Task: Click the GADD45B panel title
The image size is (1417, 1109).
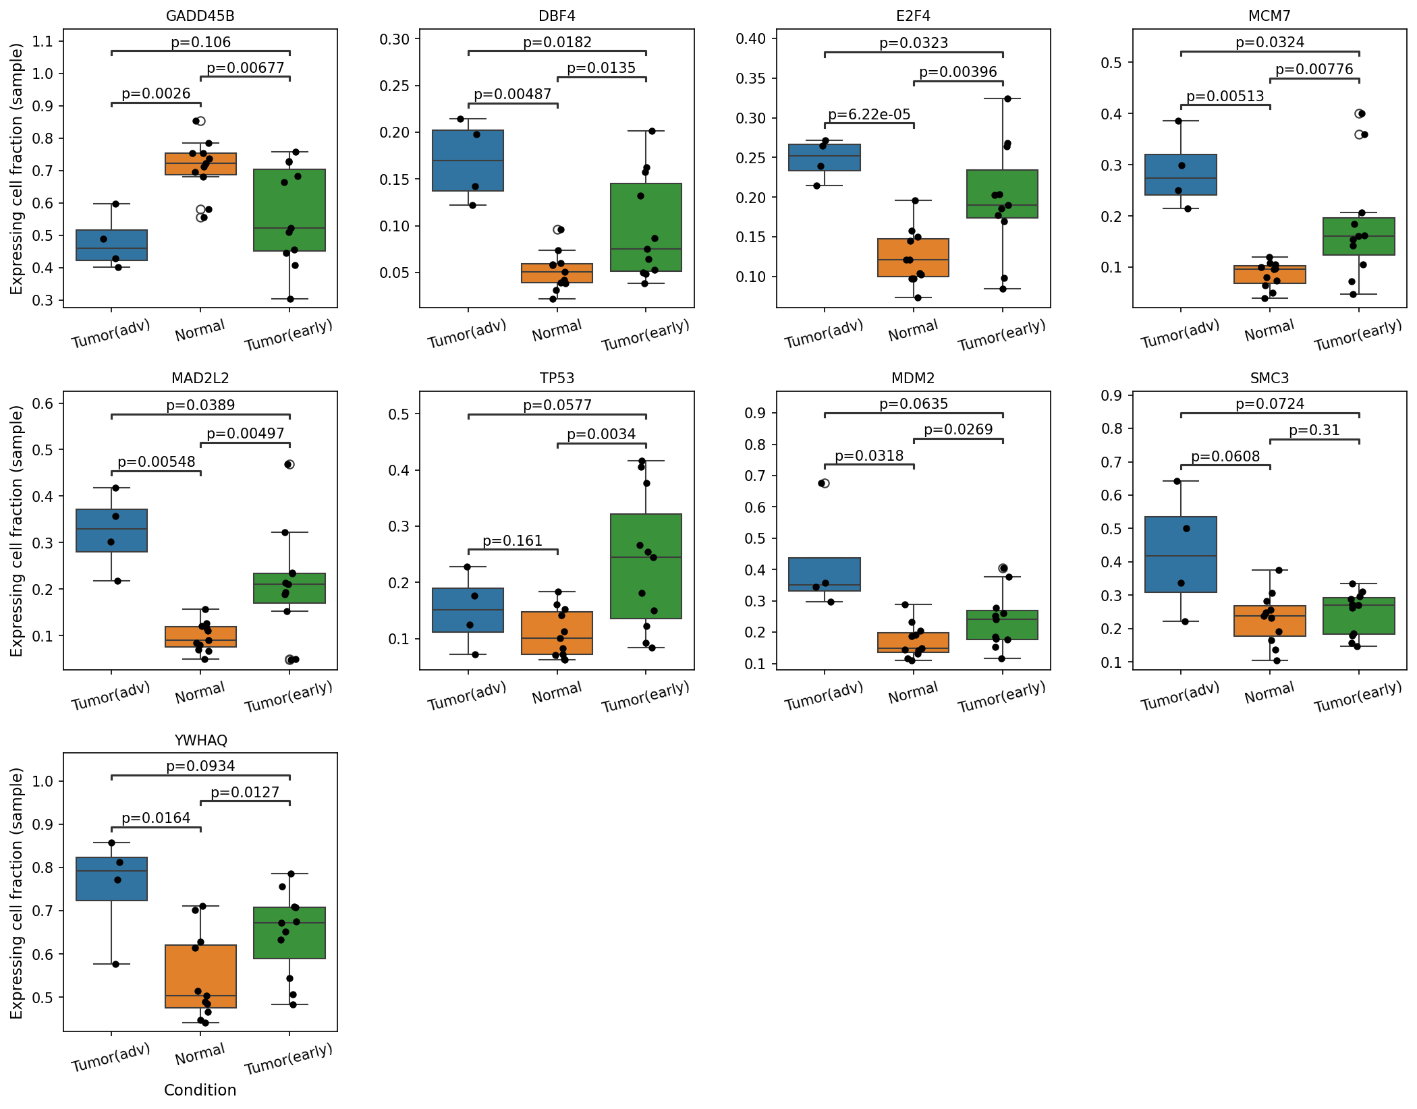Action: (x=200, y=16)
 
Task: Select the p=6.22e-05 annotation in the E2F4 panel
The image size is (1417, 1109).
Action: (x=869, y=115)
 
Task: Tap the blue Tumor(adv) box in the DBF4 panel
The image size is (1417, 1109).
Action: (x=468, y=161)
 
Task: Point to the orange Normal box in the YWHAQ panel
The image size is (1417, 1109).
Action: (x=200, y=976)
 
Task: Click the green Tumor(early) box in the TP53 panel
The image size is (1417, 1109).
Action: (x=646, y=566)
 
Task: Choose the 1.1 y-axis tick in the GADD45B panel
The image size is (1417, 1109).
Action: (x=43, y=42)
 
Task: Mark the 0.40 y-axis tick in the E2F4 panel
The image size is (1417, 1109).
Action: (x=751, y=38)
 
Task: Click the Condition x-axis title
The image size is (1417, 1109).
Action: (x=200, y=1090)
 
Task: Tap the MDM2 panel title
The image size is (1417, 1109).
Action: (x=913, y=378)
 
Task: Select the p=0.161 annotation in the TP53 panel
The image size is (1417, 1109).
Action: (x=512, y=541)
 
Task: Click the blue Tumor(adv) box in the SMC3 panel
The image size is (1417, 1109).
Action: (x=1181, y=554)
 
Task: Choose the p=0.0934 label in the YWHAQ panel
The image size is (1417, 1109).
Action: (x=200, y=766)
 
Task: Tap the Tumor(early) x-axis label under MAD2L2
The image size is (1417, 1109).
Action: (x=289, y=696)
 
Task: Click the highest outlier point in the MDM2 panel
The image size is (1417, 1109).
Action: (x=823, y=483)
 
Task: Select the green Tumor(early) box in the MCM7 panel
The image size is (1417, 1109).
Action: (x=1359, y=236)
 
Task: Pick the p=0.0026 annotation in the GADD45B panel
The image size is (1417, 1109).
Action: (x=156, y=94)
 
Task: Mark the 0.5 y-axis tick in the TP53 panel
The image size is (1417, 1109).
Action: (x=399, y=414)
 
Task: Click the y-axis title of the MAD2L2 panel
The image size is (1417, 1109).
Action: (x=16, y=531)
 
